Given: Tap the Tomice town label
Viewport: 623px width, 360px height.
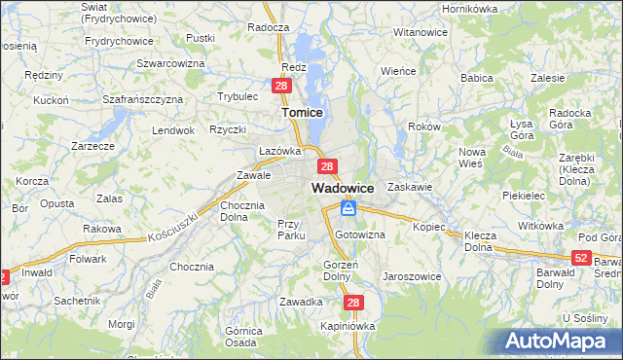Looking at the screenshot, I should click(x=302, y=113).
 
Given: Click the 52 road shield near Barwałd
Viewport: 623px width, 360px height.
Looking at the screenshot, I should click(x=581, y=258).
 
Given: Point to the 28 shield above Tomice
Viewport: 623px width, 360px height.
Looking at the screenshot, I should click(x=280, y=87).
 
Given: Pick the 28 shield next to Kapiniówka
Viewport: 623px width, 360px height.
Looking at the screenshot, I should click(x=353, y=304).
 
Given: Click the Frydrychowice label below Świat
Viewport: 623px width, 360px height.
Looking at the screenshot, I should click(x=120, y=41).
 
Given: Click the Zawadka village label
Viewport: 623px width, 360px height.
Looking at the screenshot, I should click(x=301, y=302).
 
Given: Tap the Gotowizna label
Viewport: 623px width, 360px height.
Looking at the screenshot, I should click(x=360, y=235).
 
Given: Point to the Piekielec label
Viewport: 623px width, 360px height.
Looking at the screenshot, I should click(x=523, y=195).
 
